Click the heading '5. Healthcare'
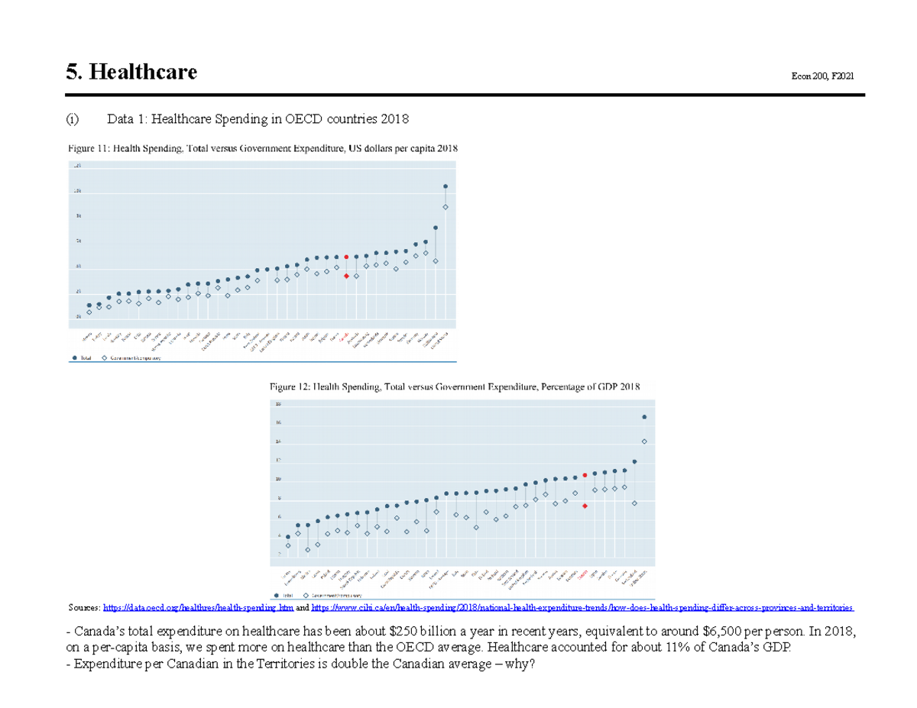[x=131, y=73]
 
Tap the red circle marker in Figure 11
[x=346, y=257]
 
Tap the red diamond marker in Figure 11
[x=346, y=276]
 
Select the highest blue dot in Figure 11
[x=446, y=186]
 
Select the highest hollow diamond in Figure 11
[x=446, y=207]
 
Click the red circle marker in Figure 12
[x=585, y=475]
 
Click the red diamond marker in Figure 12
[x=585, y=506]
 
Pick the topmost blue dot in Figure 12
[x=644, y=417]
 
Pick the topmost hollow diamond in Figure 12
[x=644, y=441]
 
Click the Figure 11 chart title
[x=263, y=149]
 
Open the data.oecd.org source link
[x=197, y=607]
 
